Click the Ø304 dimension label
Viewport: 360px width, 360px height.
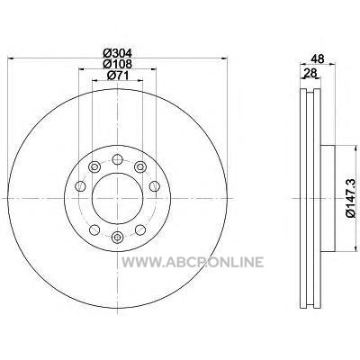pyautogui.click(x=117, y=53)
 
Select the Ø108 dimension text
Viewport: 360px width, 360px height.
pyautogui.click(x=117, y=64)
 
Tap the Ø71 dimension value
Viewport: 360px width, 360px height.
pyautogui.click(x=118, y=76)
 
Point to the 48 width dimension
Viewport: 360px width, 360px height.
pyautogui.click(x=318, y=58)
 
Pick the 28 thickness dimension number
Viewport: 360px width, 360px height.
pyautogui.click(x=310, y=73)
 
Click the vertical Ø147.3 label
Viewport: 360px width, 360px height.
pyautogui.click(x=352, y=197)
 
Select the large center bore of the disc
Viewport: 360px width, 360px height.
pyautogui.click(x=117, y=198)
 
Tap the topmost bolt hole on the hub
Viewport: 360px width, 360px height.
pyautogui.click(x=117, y=159)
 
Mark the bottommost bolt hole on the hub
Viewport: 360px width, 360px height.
pyautogui.click(x=117, y=238)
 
